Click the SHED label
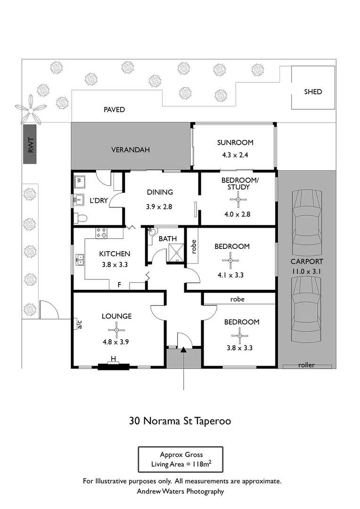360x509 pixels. point(313,91)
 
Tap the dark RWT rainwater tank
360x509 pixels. point(30,144)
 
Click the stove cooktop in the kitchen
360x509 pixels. point(101,232)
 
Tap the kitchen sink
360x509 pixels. point(80,259)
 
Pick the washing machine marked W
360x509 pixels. point(80,181)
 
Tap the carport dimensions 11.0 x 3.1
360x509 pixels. point(306,271)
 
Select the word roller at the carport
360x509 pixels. point(306,365)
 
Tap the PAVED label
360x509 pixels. point(114,110)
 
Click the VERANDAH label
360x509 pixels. point(131,150)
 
